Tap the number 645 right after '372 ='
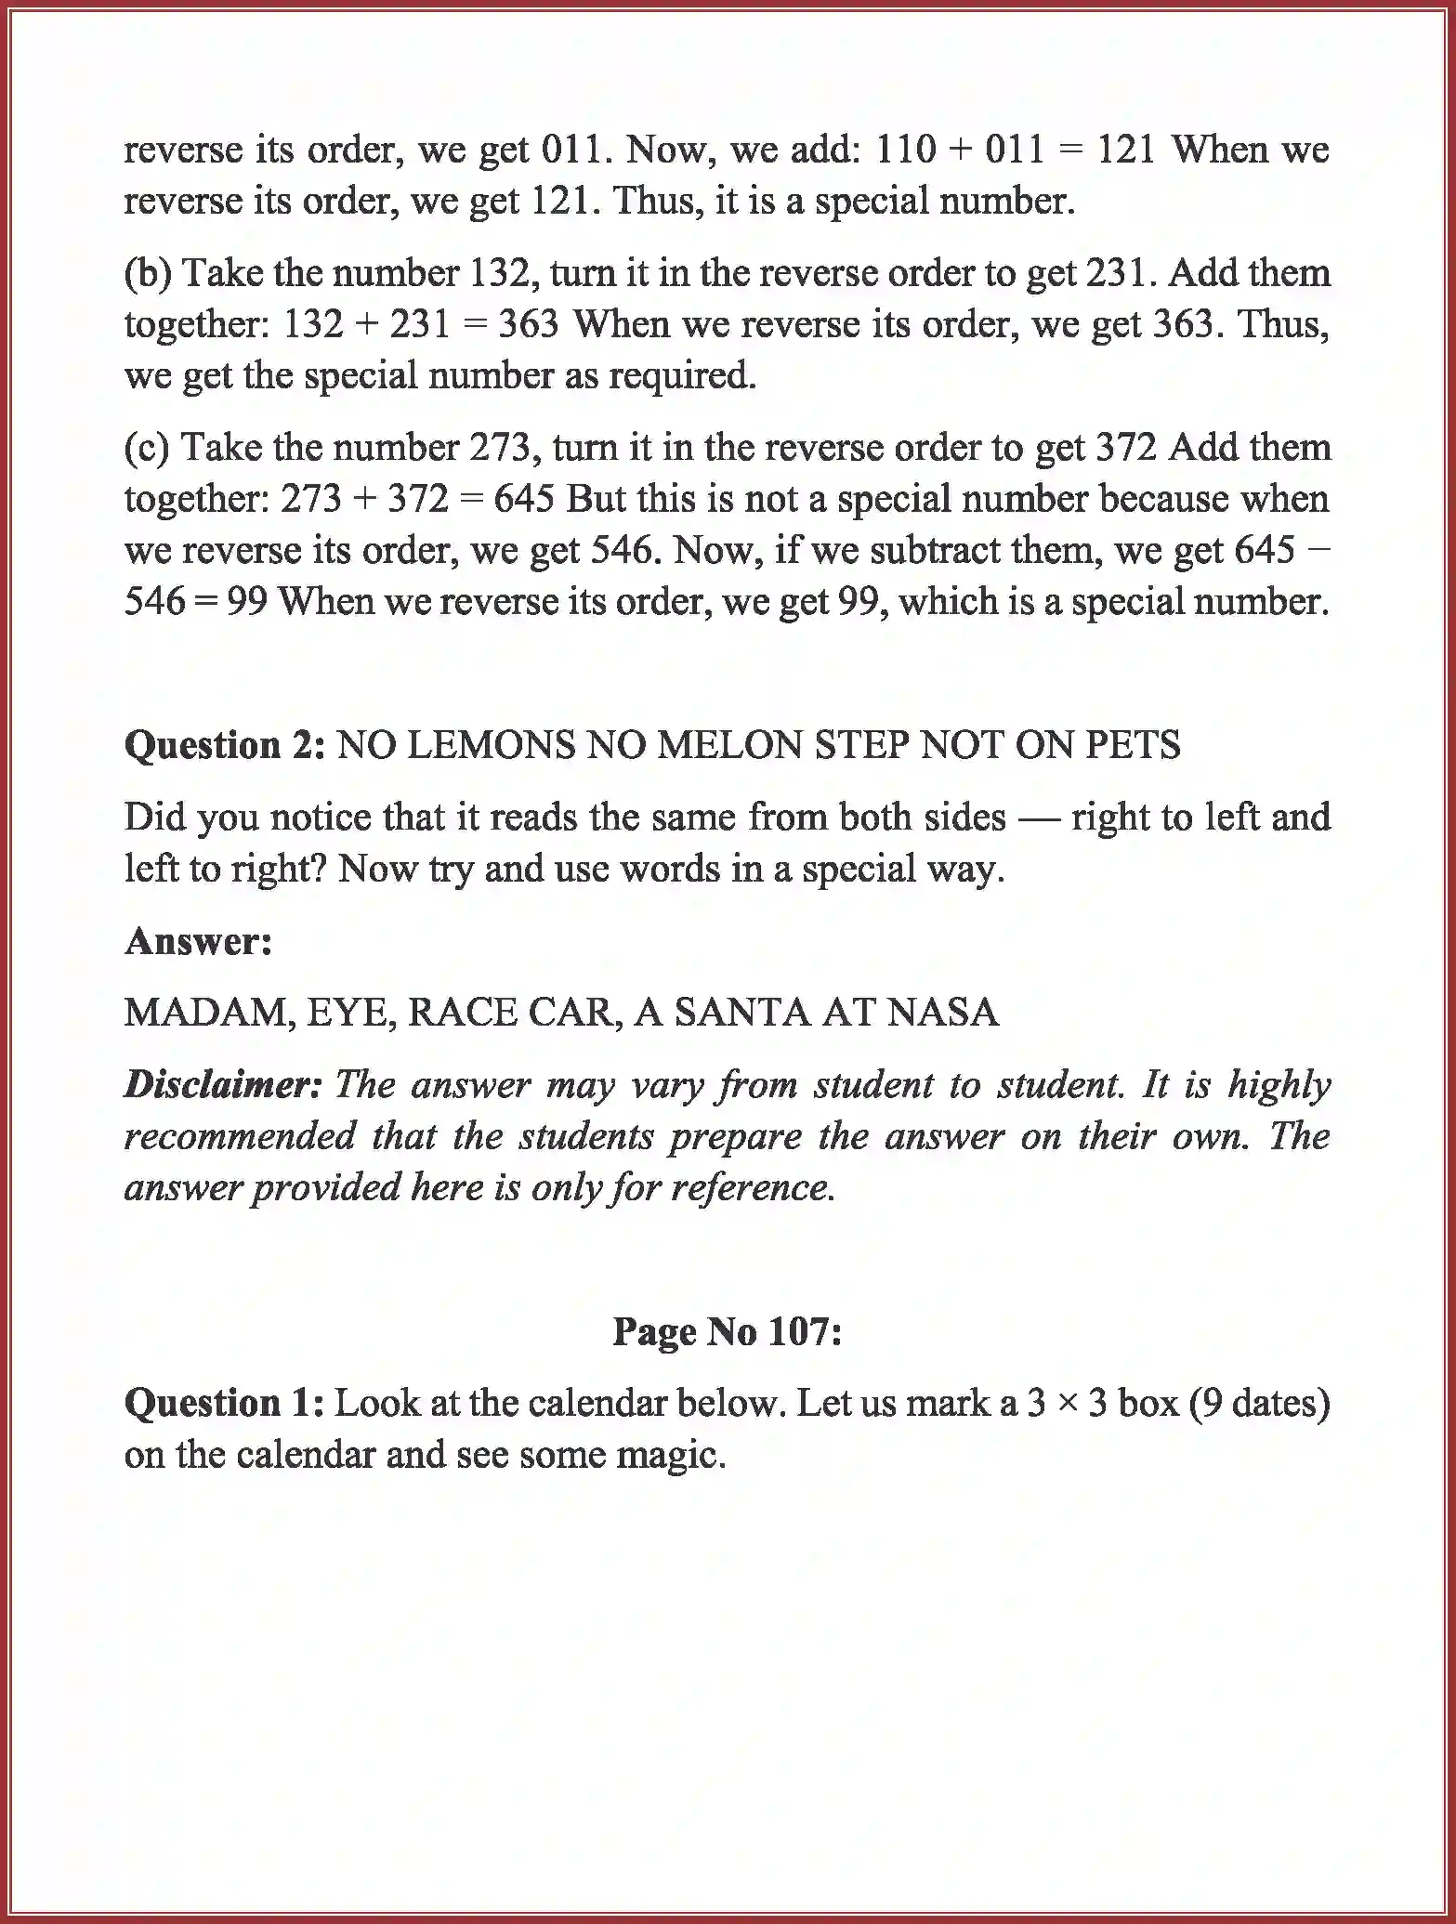[x=523, y=499]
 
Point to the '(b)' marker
[x=148, y=273]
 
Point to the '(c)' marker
[x=147, y=448]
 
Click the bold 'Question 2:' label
[x=224, y=745]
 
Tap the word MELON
[x=729, y=745]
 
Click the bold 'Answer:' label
[x=198, y=941]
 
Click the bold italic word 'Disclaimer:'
[x=223, y=1085]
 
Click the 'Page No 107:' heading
[x=727, y=1331]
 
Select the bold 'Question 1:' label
[x=223, y=1403]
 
